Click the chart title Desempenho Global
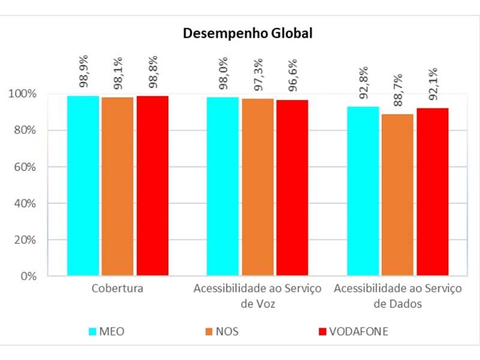[x=248, y=34]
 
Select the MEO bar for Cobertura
[x=83, y=186]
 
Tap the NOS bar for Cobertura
[x=118, y=187]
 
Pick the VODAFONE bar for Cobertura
[x=152, y=186]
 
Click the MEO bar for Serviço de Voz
[x=223, y=187]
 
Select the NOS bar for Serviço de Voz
[x=257, y=187]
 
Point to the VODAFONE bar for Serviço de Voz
[x=292, y=188]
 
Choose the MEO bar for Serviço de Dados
[x=363, y=191]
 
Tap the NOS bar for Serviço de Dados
[x=398, y=195]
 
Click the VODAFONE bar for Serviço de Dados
[x=433, y=192]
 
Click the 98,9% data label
[x=83, y=71]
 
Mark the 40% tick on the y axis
[x=25, y=204]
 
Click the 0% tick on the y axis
[x=28, y=277]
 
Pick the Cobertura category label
[x=118, y=289]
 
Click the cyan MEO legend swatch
[x=93, y=331]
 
